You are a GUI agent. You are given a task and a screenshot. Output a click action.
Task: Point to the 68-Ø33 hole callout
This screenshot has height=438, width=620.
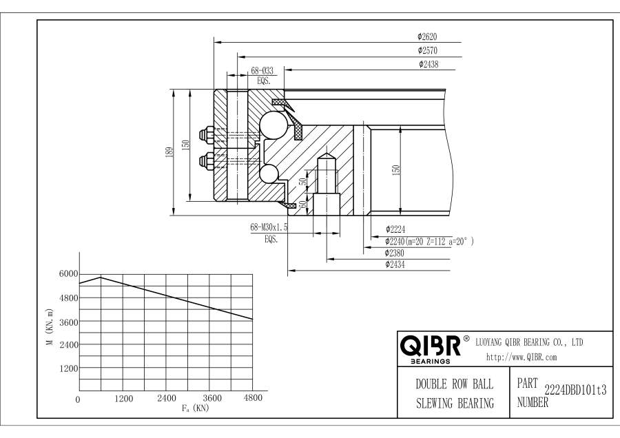pyautogui.click(x=262, y=70)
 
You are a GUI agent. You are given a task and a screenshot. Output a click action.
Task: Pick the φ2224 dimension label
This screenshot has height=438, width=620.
pyautogui.click(x=397, y=230)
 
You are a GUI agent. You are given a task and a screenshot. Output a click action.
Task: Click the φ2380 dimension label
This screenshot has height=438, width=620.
pyautogui.click(x=397, y=253)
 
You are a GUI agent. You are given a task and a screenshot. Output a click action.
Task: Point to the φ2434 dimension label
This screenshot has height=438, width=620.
pyautogui.click(x=397, y=264)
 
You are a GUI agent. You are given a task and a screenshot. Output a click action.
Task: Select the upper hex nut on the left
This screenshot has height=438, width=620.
pyautogui.click(x=205, y=133)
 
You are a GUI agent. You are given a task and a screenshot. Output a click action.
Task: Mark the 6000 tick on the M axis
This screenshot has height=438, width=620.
pyautogui.click(x=68, y=274)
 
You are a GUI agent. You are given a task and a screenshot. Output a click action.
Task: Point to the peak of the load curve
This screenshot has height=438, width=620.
pyautogui.click(x=101, y=277)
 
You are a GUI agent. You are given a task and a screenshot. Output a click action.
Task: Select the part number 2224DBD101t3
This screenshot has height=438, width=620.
pyautogui.click(x=575, y=390)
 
